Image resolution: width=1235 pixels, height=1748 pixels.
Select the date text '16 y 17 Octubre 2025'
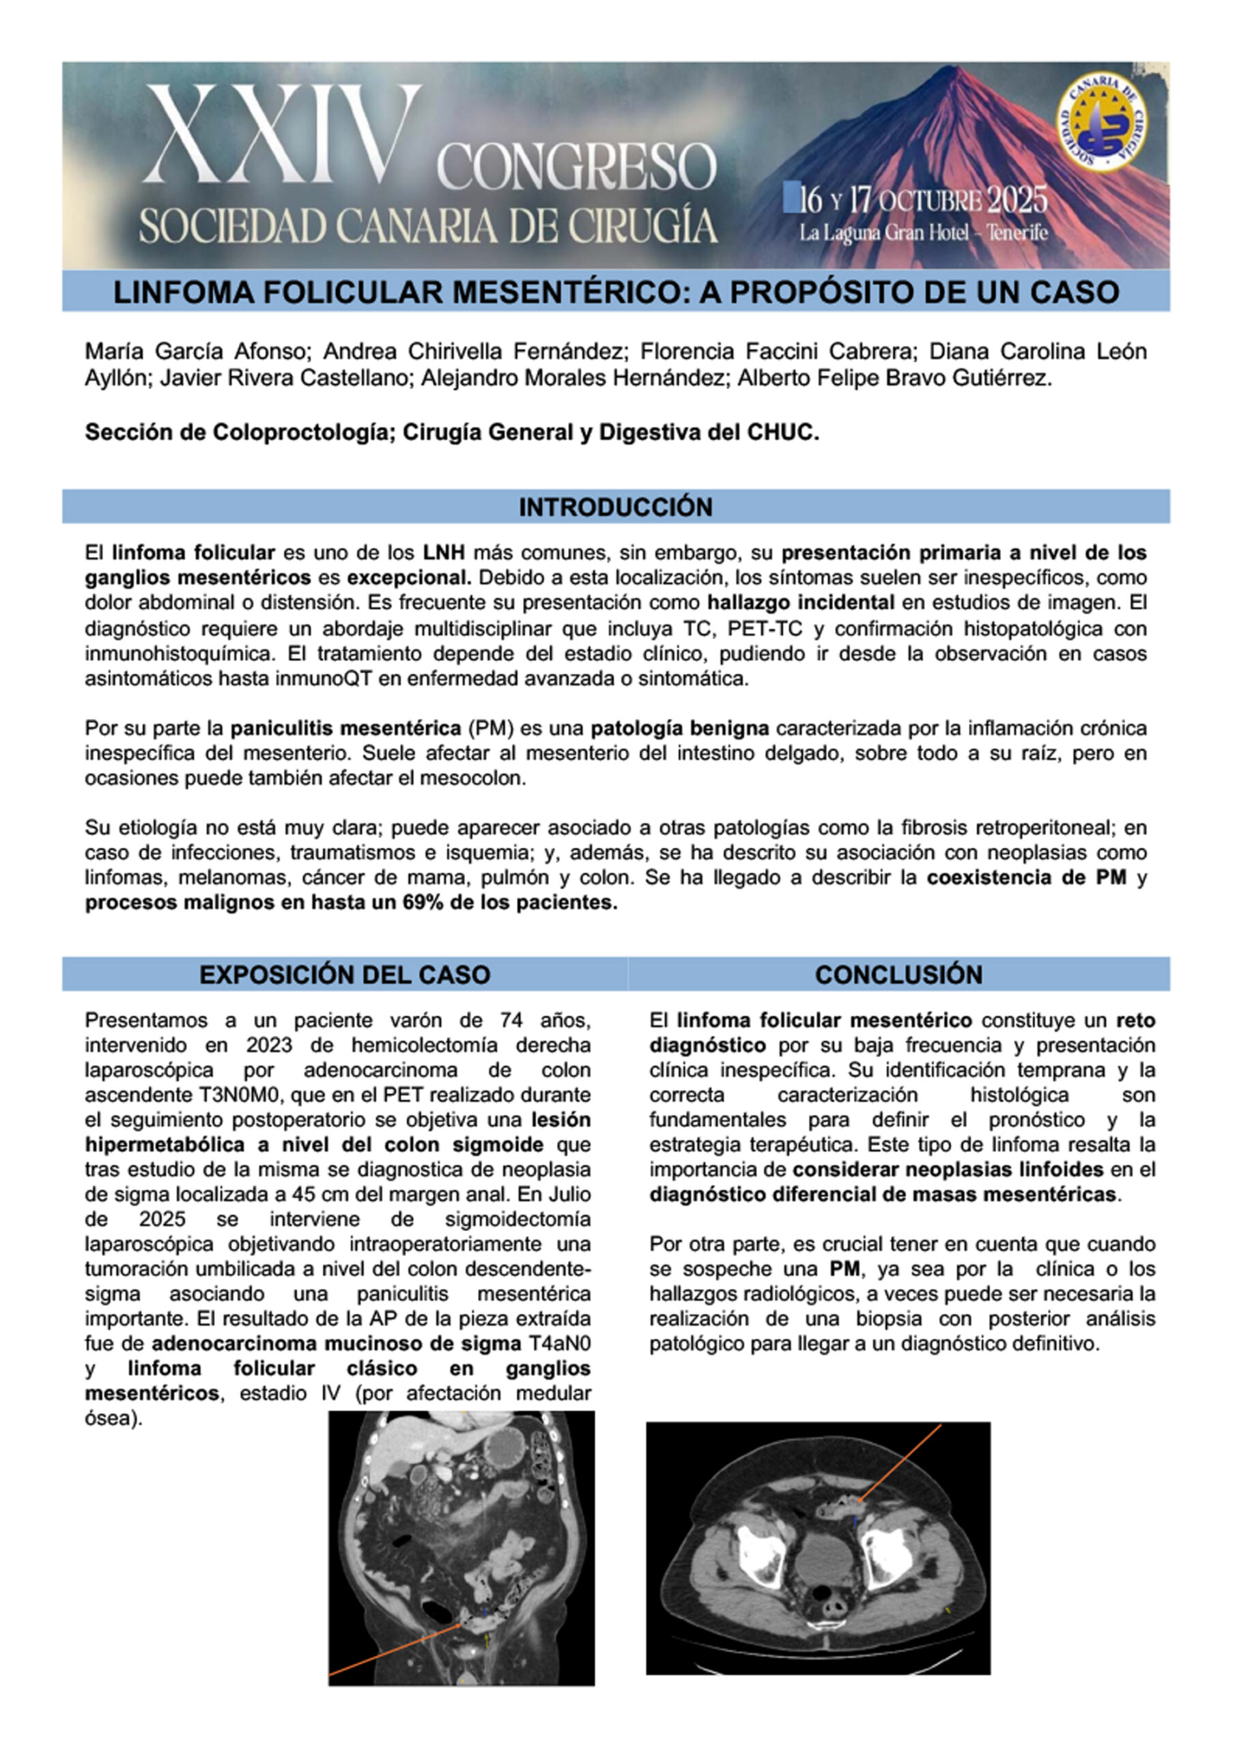pos(916,200)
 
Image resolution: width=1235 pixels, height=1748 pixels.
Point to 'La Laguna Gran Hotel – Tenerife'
pos(923,232)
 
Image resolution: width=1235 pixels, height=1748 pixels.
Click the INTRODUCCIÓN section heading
pos(615,507)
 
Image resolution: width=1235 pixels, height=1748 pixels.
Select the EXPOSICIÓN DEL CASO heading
pos(344,974)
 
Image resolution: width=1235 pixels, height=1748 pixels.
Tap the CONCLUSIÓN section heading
pos(898,974)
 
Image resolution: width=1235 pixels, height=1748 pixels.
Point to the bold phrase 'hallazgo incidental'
pos(800,602)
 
